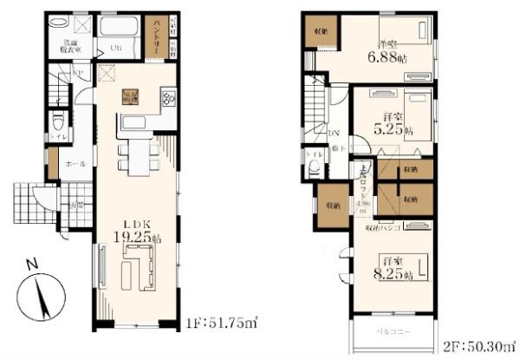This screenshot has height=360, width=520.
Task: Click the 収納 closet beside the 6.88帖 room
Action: (x=321, y=31)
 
